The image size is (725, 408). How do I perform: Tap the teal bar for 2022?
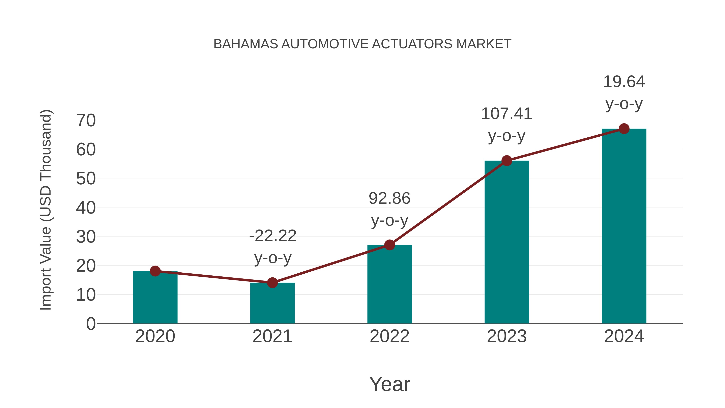pos(389,284)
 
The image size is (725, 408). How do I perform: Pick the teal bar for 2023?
pos(507,242)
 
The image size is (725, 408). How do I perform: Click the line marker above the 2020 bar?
pos(155,271)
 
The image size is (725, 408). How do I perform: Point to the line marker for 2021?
pos(272,283)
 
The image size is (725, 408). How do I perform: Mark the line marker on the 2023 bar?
pos(507,161)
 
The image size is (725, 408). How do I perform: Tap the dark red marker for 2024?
pos(624,129)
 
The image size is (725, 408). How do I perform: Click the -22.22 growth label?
pos(273,236)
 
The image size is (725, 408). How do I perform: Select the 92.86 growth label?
pos(389,198)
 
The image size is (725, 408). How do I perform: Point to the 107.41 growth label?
pos(507,114)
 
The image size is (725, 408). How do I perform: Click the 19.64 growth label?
pos(624,82)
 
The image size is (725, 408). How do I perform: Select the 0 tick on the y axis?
pos(91,324)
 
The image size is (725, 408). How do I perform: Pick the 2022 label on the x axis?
pos(389,336)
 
